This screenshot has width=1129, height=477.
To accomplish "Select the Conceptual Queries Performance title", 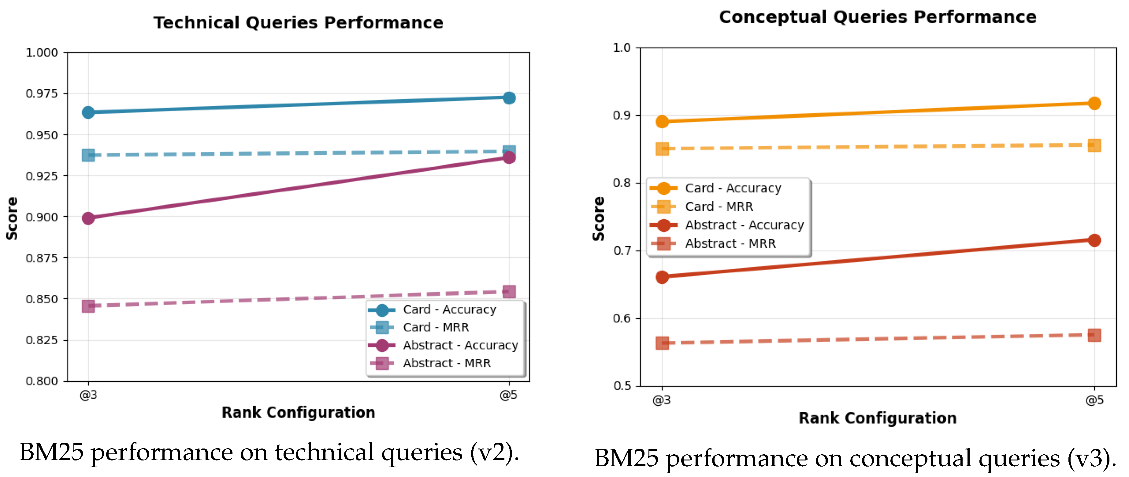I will coord(878,17).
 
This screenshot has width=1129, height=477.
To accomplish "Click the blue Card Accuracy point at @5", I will coord(509,98).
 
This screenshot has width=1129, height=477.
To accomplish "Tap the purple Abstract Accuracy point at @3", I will coord(88,218).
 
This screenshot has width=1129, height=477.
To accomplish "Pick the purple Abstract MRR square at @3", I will coord(88,306).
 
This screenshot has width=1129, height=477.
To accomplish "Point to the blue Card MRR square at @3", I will coord(88,155).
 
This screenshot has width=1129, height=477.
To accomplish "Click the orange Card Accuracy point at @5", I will coord(1094,104).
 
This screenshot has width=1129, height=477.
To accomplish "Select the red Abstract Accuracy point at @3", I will coord(662,277).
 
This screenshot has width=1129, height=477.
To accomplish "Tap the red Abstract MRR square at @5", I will coord(1094,335).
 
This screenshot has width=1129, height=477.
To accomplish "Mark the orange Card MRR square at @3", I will coord(662,149).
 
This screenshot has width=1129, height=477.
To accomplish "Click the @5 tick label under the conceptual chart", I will coord(1094,400).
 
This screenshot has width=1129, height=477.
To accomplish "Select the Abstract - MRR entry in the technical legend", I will coord(447,363).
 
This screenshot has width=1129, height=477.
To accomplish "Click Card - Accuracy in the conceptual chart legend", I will coord(733,188).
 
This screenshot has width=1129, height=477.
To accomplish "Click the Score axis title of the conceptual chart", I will coord(599,218).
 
